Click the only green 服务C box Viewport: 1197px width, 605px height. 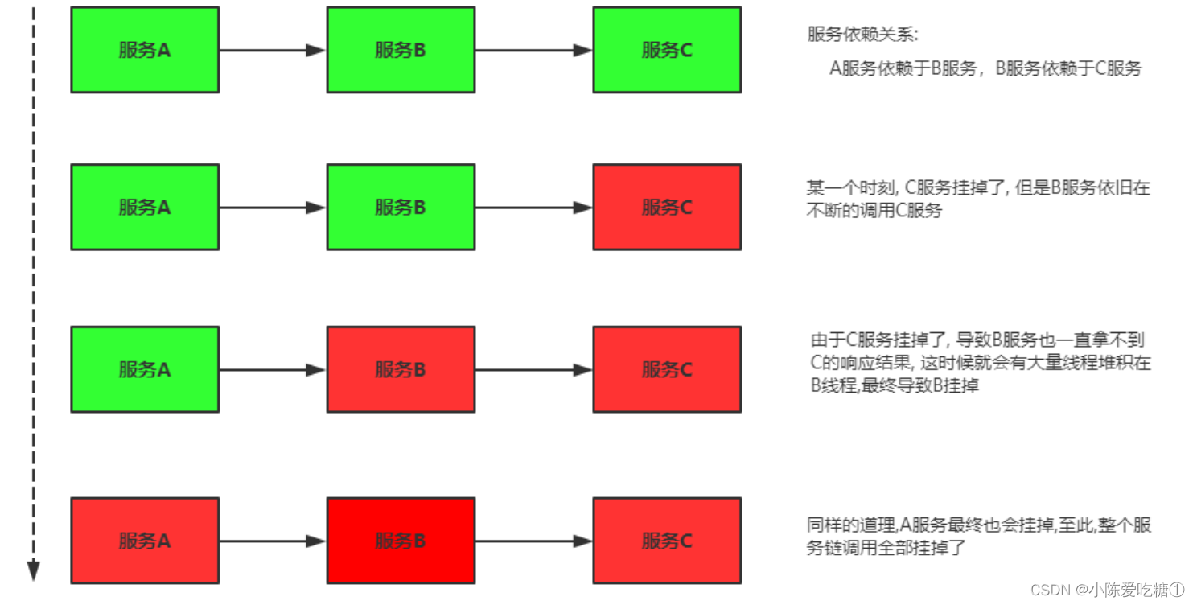click(x=667, y=50)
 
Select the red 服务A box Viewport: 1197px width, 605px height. click(x=145, y=541)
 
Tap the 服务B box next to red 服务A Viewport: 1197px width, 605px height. click(x=401, y=541)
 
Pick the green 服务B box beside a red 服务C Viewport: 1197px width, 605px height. click(x=401, y=207)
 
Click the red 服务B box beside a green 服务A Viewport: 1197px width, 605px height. click(x=401, y=369)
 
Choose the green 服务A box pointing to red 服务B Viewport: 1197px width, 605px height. click(x=145, y=369)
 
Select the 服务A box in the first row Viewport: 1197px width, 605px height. click(x=145, y=50)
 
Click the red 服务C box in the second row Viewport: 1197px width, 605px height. click(x=667, y=207)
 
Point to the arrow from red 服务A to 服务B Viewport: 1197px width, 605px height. click(x=273, y=541)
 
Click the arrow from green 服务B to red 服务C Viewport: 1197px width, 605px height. click(x=534, y=208)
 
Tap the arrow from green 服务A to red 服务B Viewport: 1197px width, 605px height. click(x=273, y=370)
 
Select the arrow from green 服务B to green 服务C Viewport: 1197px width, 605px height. click(x=534, y=50)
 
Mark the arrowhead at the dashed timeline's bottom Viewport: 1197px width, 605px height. click(x=33, y=570)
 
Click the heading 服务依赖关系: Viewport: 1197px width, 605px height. click(x=862, y=35)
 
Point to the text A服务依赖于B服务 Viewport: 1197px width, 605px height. click(x=903, y=68)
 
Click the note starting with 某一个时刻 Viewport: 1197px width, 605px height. click(x=978, y=199)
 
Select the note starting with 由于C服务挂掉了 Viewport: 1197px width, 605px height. click(x=980, y=362)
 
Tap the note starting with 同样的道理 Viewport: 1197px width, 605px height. click(x=978, y=536)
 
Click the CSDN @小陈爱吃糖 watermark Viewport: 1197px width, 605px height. click(x=1107, y=590)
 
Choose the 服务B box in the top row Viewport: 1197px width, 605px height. click(x=401, y=50)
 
